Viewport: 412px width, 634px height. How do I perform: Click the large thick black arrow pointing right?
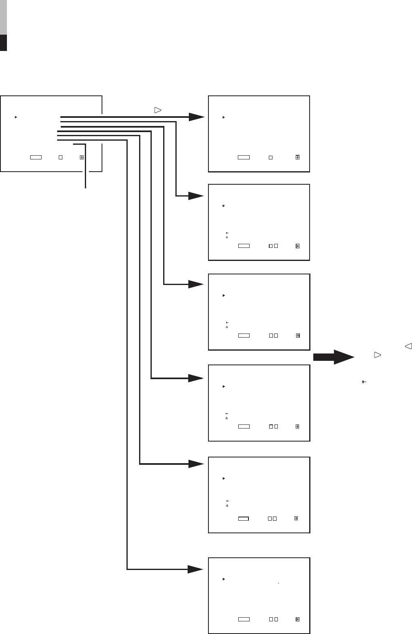pos(334,357)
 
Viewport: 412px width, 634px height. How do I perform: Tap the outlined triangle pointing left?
pos(408,346)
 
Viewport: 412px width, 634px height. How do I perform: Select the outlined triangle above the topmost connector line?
pos(158,110)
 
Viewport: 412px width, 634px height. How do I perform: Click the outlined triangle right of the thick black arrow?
pos(377,355)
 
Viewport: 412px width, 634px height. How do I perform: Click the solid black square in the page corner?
pos(3,42)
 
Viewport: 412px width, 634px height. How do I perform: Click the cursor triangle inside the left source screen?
pos(16,117)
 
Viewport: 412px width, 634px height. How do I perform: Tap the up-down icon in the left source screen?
pos(82,157)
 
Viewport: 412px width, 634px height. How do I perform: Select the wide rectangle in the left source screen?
pos(36,157)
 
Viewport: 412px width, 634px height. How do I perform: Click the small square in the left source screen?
pos(60,157)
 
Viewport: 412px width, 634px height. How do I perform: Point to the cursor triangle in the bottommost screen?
pos(224,579)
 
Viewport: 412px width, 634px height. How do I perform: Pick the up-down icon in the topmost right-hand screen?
pos(297,157)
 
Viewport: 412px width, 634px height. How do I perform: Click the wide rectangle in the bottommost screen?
pos(244,619)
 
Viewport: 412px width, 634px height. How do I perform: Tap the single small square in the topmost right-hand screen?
pos(270,157)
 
